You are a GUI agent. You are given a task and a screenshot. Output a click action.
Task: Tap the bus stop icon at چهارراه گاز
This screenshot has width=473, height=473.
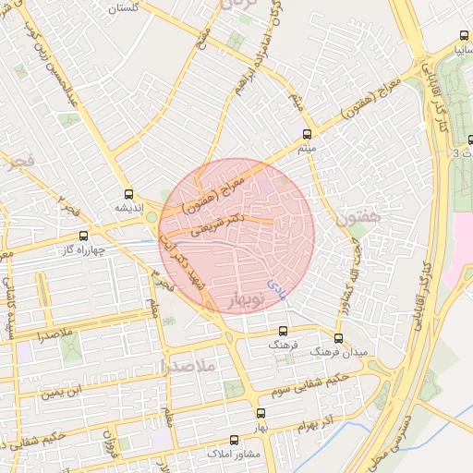(84, 236)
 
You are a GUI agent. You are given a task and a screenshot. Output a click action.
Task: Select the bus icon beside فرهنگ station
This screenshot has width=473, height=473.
(283, 331)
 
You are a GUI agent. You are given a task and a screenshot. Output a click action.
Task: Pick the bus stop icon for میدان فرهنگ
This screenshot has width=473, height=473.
(338, 338)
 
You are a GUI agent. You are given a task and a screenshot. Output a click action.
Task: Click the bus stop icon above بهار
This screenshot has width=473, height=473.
(261, 414)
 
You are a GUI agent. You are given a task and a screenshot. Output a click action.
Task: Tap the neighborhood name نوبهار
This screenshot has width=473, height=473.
(245, 299)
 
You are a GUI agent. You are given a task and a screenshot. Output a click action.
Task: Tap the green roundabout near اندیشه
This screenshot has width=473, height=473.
(152, 217)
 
